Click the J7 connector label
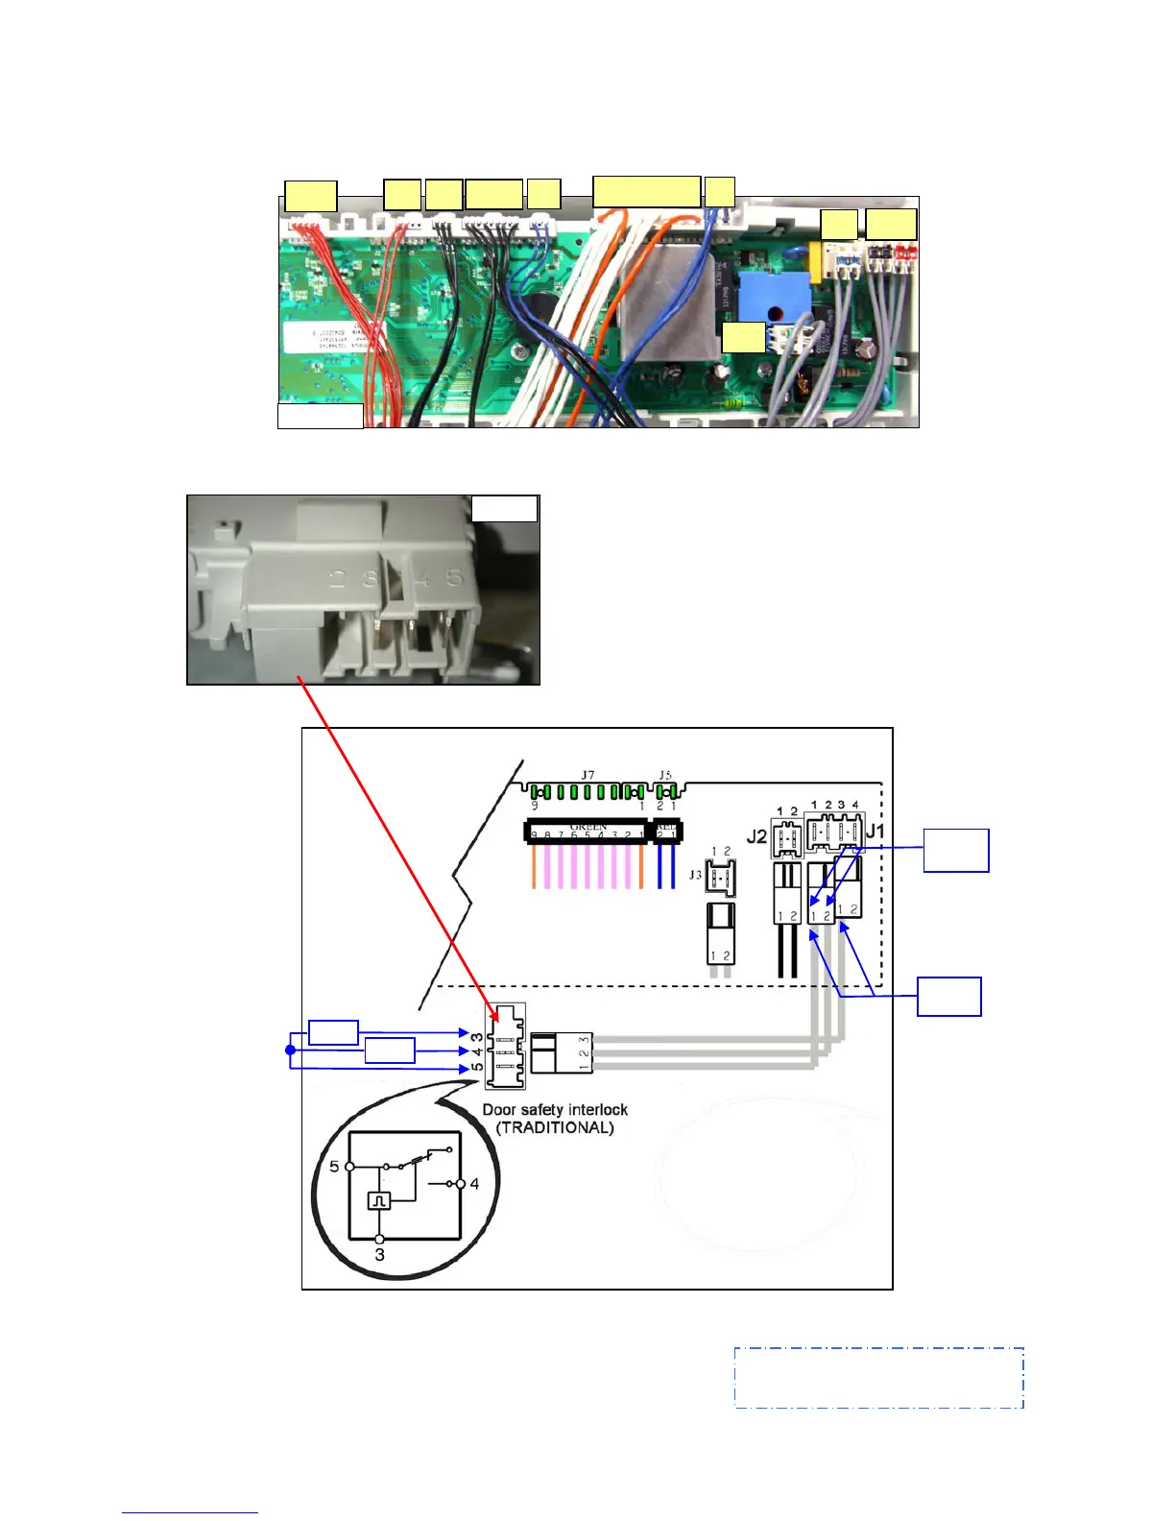point(587,775)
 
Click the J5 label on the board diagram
point(665,775)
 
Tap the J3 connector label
point(695,875)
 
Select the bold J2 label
point(757,836)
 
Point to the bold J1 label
point(875,831)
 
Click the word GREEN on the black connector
point(588,826)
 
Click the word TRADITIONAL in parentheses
point(555,1127)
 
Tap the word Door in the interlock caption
point(499,1110)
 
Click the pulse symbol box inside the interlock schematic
point(379,1200)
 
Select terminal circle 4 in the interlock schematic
point(461,1184)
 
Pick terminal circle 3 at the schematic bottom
point(379,1239)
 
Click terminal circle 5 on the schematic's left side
point(349,1167)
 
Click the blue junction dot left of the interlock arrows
point(291,1050)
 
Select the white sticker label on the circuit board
point(326,341)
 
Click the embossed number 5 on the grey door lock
point(454,578)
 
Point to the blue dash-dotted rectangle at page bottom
point(878,1378)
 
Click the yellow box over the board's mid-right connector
point(743,337)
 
